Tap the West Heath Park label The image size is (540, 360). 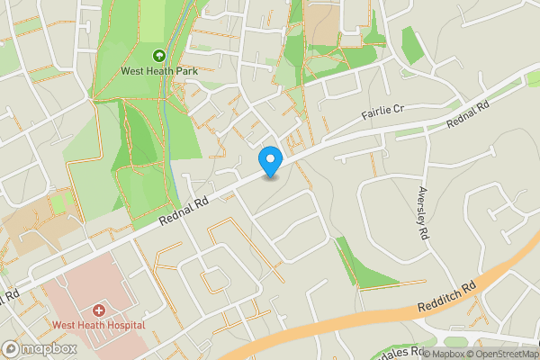tap(160, 70)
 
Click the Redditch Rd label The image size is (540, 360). tap(448, 298)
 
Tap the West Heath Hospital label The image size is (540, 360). tap(98, 324)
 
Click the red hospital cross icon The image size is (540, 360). tap(98, 310)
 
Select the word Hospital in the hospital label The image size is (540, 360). tap(123, 324)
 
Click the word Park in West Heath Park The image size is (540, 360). tap(187, 70)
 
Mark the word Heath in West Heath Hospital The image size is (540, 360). tap(86, 324)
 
